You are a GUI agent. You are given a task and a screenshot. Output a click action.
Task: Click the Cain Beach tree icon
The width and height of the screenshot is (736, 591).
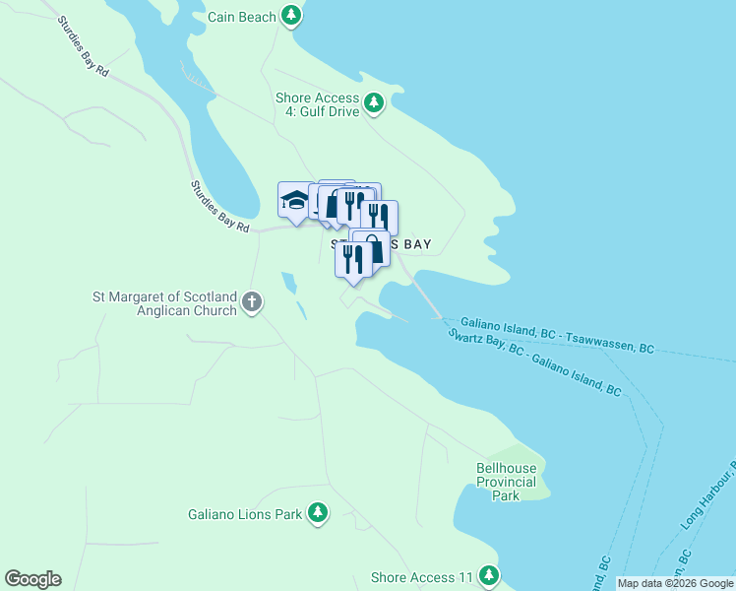click(x=290, y=15)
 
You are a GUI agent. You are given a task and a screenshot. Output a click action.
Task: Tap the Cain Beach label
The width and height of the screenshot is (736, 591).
click(x=242, y=17)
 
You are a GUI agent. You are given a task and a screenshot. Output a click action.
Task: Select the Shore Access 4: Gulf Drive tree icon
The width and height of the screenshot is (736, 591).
click(x=373, y=102)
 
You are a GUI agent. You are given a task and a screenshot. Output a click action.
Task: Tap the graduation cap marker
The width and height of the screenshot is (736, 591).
click(x=294, y=201)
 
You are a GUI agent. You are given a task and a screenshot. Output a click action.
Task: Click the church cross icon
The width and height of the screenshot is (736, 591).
click(x=252, y=301)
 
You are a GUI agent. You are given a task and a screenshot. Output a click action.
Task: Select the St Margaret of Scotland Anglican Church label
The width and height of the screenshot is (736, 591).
click(x=164, y=303)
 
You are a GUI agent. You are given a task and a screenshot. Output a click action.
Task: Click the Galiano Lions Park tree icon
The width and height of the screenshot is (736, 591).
click(x=317, y=512)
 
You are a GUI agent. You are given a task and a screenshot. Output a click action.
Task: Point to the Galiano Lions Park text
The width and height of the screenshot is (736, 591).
click(x=245, y=514)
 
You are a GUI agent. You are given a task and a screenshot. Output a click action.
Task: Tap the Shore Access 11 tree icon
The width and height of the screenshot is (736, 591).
click(x=489, y=576)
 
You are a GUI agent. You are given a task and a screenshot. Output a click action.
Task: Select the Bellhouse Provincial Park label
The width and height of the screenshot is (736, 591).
click(x=506, y=483)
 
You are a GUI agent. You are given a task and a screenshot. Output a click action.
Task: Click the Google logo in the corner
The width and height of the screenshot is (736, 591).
click(x=32, y=579)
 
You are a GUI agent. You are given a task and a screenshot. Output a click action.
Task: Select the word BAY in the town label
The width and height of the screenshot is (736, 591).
click(x=413, y=244)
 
